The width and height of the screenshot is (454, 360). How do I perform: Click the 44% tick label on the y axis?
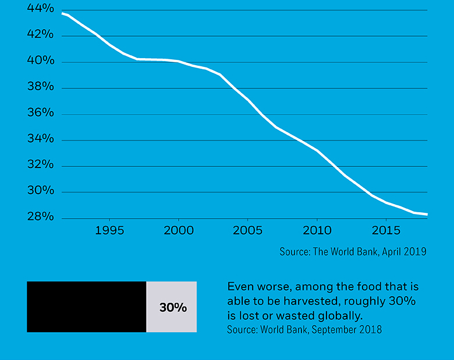(40, 9)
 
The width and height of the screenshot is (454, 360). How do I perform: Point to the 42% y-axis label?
(40, 35)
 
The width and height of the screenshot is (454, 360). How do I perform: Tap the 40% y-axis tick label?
(40, 61)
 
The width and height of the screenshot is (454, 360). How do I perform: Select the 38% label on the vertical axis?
(40, 87)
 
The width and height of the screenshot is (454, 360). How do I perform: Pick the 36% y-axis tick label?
(40, 113)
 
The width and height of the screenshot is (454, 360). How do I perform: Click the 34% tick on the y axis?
(40, 139)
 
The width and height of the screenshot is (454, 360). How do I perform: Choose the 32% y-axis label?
(40, 165)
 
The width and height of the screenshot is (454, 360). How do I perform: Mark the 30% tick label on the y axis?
(40, 191)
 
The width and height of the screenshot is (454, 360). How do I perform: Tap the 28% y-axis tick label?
(40, 218)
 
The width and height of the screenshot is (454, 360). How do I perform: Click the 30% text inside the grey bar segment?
(173, 308)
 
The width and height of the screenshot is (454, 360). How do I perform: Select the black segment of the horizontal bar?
(86, 307)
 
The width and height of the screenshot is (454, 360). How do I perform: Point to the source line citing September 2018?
(304, 330)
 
